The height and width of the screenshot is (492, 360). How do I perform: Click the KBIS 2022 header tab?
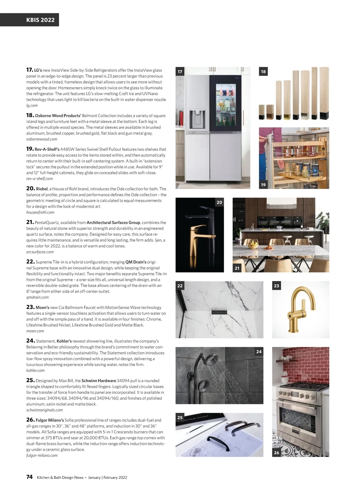tap(40, 20)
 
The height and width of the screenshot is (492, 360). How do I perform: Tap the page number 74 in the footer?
tap(29, 477)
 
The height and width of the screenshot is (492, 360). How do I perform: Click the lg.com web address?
tap(32, 105)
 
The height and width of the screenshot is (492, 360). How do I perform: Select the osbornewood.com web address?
tap(42, 139)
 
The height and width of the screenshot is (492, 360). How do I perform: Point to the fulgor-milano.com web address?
tap(42, 455)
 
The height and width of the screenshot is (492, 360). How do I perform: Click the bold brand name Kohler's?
tap(64, 341)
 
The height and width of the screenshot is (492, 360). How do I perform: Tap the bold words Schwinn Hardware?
tap(99, 381)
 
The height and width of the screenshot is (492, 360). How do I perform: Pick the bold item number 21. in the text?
tap(30, 222)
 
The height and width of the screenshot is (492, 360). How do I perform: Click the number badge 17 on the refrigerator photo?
tap(180, 71)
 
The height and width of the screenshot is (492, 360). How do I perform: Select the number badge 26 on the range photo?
tap(277, 452)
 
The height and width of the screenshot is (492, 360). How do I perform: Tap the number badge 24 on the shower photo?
tap(259, 352)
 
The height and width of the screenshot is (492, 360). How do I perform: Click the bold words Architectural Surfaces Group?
tap(113, 222)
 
